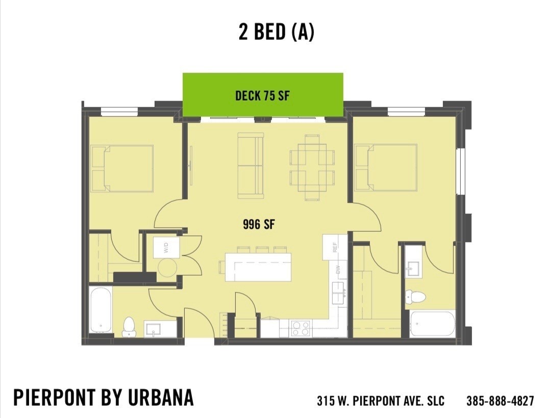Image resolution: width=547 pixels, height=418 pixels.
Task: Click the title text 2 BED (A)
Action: point(276,32)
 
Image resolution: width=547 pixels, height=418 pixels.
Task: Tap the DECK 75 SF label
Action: point(262,95)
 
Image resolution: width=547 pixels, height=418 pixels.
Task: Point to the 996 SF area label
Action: point(259,225)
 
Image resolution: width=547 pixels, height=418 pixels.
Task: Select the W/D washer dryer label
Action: point(165,249)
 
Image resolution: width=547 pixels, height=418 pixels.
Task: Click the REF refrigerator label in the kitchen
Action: point(335,248)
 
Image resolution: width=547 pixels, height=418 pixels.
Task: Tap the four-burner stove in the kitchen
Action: point(301,328)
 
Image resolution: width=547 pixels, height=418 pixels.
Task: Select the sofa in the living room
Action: point(251,166)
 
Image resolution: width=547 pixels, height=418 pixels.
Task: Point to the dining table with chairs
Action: point(312,166)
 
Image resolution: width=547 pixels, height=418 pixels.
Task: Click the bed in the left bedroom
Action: point(122,168)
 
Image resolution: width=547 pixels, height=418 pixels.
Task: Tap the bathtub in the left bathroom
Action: point(101,310)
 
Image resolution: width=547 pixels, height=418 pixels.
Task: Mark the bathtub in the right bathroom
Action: point(432,323)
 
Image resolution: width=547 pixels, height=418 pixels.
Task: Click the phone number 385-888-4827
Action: point(500,401)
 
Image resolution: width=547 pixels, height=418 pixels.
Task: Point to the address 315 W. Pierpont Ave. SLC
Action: point(380,401)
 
